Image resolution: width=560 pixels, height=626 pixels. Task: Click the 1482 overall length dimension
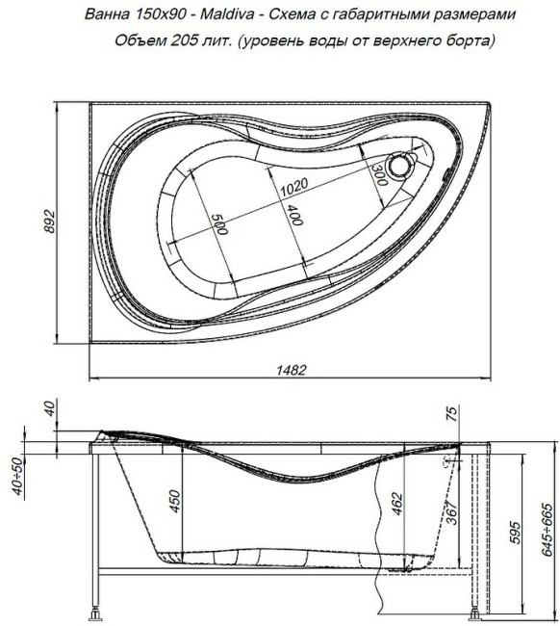coord(284,369)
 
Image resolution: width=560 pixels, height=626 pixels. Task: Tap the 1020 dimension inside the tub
coord(293,189)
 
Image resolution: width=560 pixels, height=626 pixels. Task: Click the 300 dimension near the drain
coord(378,173)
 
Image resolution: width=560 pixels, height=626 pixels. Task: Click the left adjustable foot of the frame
coord(96,612)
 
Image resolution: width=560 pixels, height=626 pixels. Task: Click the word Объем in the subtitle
coord(138,41)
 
